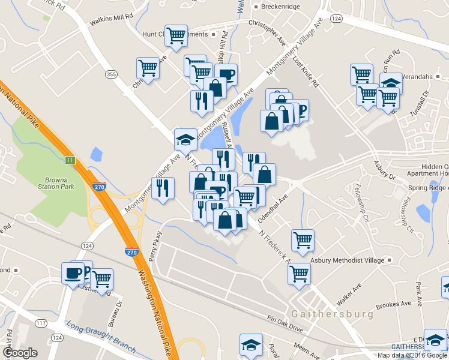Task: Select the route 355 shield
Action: [111, 74]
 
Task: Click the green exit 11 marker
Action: [70, 160]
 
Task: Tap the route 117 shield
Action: [41, 323]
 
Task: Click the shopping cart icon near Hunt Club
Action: [176, 36]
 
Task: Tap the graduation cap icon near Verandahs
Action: [391, 83]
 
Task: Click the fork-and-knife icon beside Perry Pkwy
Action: [163, 188]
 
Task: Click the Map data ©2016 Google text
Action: [412, 355]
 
